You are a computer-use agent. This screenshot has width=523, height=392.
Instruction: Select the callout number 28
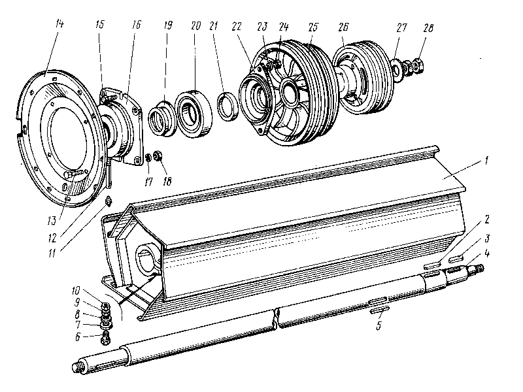[428, 28]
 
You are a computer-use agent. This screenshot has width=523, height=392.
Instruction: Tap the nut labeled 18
[161, 158]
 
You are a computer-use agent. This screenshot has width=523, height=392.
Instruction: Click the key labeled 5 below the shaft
[380, 306]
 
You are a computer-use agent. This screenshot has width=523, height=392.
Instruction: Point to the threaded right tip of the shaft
[481, 267]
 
